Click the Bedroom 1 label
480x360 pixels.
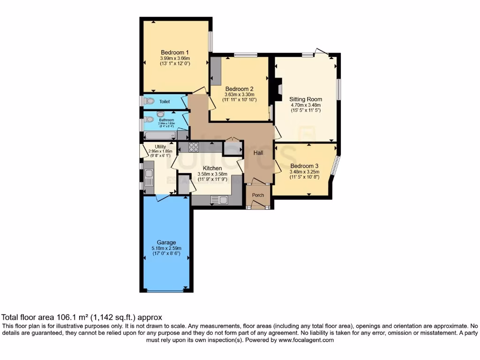(x=174, y=52)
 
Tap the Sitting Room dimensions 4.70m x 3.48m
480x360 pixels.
(x=306, y=105)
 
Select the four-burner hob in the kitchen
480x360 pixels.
(x=193, y=147)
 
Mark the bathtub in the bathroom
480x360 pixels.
(x=159, y=135)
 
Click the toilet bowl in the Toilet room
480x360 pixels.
(x=150, y=101)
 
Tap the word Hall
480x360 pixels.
(x=258, y=153)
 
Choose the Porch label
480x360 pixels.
(x=258, y=195)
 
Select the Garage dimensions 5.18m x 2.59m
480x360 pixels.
(x=167, y=248)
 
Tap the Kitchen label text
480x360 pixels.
(x=212, y=168)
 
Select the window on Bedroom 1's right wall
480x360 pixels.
(x=210, y=41)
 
